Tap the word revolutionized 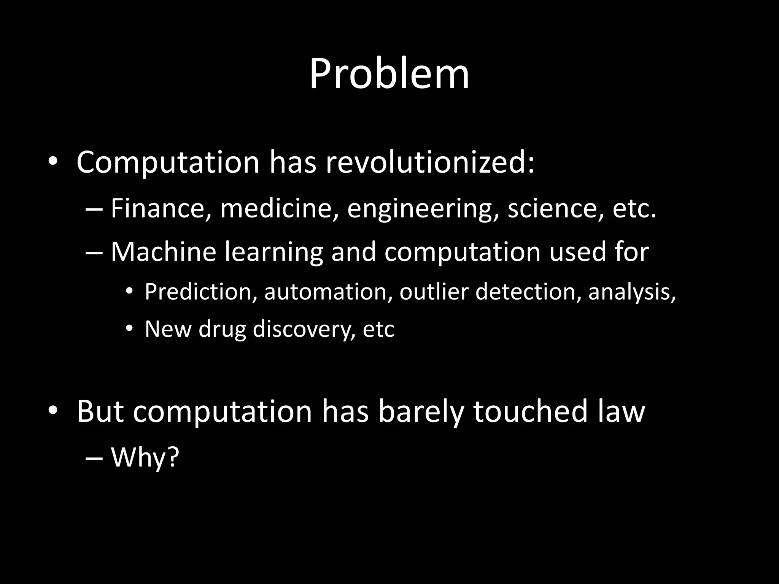click(x=430, y=163)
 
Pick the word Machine click(x=163, y=252)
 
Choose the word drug click(x=222, y=329)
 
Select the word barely click(x=421, y=412)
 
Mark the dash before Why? click(x=94, y=459)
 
